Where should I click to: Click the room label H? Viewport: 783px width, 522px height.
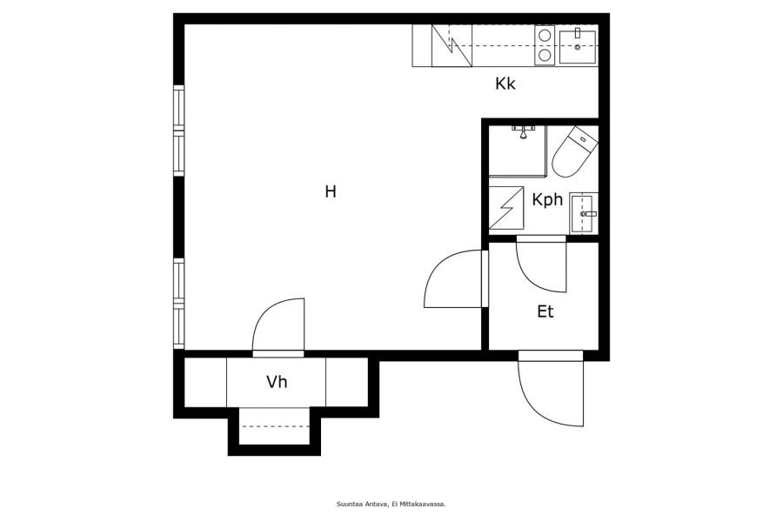(x=331, y=191)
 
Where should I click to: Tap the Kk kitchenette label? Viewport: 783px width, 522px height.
(x=505, y=84)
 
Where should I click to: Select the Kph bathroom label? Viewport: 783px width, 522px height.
(x=547, y=199)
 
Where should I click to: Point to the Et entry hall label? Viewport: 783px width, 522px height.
(x=545, y=311)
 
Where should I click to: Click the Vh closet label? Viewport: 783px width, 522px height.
(x=277, y=382)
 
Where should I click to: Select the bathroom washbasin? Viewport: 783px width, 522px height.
(x=583, y=213)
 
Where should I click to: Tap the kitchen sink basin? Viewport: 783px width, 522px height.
(x=578, y=47)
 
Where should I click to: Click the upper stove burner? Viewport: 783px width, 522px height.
(x=545, y=35)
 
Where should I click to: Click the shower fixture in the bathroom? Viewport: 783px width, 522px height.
(x=523, y=132)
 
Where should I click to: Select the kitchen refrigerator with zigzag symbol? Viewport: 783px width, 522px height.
(x=452, y=45)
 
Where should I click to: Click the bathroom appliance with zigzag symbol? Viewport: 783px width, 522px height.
(x=505, y=208)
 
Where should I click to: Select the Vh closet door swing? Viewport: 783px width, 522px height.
(x=278, y=328)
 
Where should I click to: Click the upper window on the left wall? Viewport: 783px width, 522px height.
(x=178, y=130)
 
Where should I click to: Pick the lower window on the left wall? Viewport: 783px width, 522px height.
(x=178, y=304)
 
